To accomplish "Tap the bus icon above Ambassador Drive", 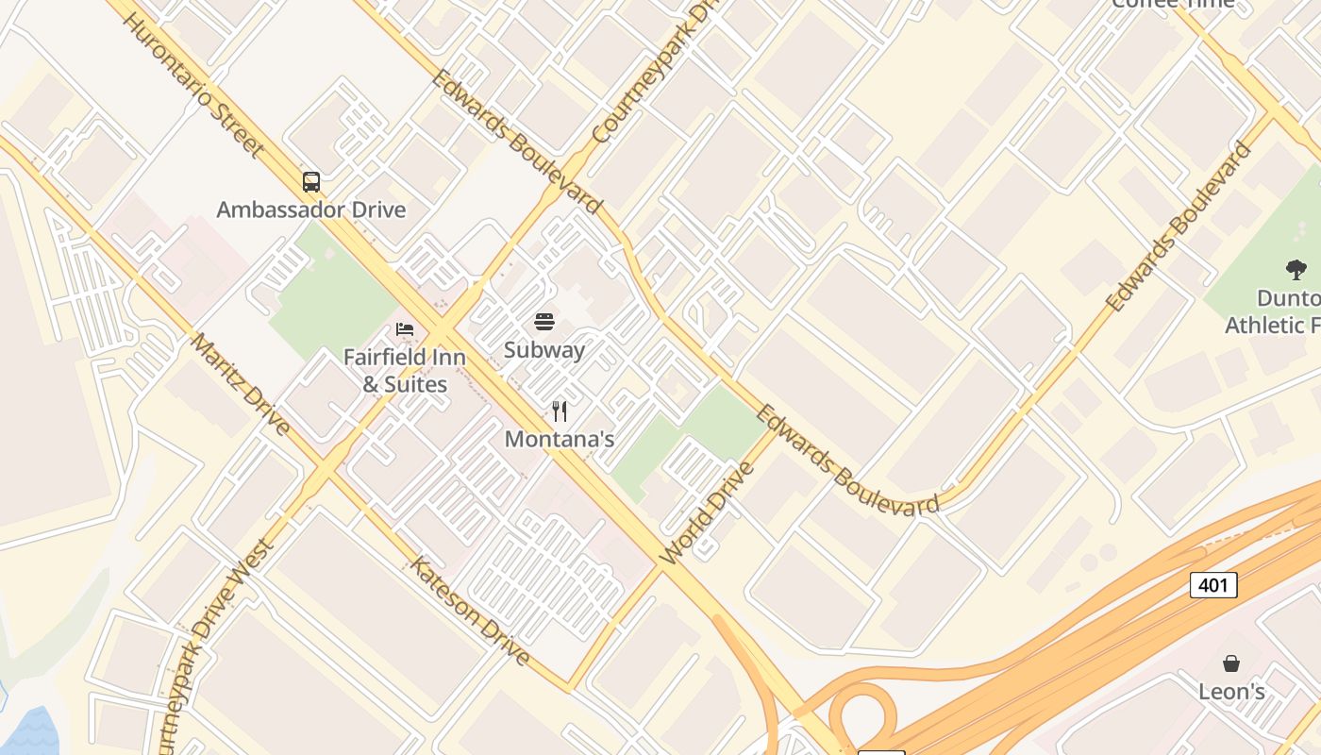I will click(x=311, y=181).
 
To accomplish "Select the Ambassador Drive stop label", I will click(x=311, y=210).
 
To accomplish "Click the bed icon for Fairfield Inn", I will click(x=405, y=329).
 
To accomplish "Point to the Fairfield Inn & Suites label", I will click(x=405, y=371).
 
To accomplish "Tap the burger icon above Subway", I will click(x=544, y=322).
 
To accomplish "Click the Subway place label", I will click(x=544, y=350).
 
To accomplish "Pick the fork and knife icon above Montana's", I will click(x=560, y=411).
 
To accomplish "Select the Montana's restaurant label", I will click(x=560, y=439).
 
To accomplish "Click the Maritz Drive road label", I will click(x=241, y=383).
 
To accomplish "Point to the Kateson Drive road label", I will click(x=469, y=610).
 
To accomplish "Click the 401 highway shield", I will click(x=1212, y=585).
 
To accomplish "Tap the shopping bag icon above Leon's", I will click(x=1231, y=663).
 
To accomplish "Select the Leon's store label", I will click(x=1231, y=692).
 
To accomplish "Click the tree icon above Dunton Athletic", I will click(x=1296, y=270).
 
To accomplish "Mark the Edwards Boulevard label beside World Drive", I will click(x=846, y=461).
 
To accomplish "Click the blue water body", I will click(x=28, y=731).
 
